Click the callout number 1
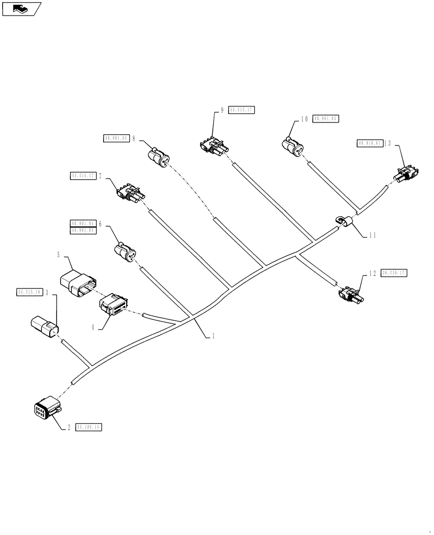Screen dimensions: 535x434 (214, 337)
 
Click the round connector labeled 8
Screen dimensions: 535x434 (159, 157)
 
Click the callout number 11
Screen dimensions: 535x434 (373, 234)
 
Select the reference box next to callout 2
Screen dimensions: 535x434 (89, 427)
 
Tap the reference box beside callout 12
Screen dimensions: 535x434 (394, 273)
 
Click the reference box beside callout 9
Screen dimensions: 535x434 (242, 110)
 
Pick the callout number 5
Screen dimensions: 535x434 (58, 256)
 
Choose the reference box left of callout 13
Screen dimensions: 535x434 (369, 143)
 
